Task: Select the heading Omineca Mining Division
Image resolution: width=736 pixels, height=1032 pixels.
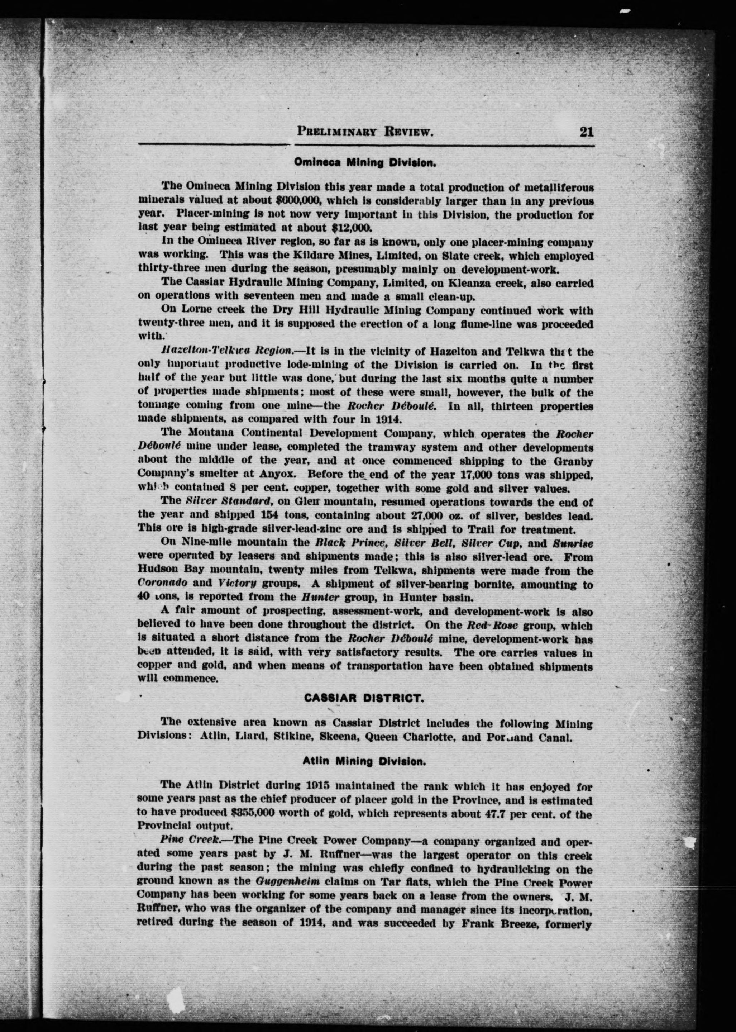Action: click(x=365, y=162)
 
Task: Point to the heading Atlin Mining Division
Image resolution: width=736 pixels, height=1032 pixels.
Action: click(x=364, y=762)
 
